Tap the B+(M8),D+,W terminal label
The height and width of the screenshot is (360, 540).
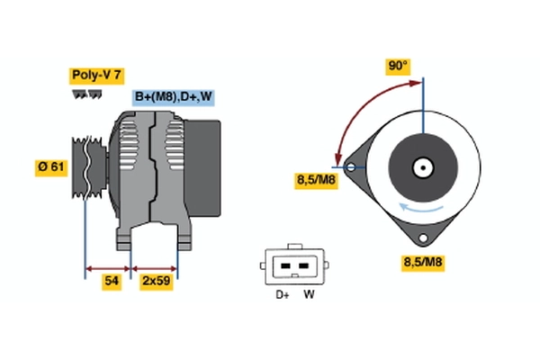[174, 97]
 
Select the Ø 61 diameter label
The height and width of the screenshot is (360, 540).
[51, 167]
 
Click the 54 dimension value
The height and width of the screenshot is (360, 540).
[110, 283]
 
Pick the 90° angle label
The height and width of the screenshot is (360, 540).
[398, 66]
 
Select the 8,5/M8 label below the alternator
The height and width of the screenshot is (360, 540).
[422, 263]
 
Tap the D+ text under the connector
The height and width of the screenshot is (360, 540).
[282, 293]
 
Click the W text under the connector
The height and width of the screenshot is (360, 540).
[309, 293]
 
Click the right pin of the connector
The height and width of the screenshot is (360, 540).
[301, 266]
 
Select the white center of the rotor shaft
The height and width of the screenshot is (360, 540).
[421, 167]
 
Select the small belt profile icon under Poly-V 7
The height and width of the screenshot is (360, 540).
[87, 93]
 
